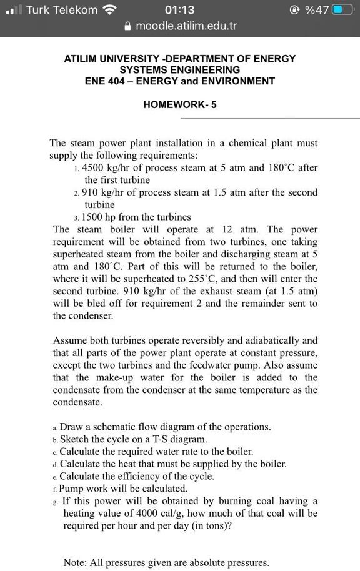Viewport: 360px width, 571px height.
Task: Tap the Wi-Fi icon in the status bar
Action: tap(110, 10)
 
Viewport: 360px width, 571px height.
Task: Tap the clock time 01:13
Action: tap(180, 10)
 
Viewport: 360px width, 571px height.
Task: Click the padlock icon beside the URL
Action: tap(128, 26)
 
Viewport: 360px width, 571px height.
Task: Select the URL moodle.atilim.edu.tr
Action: tap(186, 26)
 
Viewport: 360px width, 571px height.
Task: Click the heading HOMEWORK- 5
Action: tap(180, 104)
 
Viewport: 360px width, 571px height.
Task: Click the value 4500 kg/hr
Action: tap(111, 167)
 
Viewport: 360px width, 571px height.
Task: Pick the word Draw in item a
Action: tap(72, 427)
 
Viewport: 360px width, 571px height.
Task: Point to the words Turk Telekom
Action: tap(62, 10)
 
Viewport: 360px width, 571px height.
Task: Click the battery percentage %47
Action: tap(316, 10)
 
